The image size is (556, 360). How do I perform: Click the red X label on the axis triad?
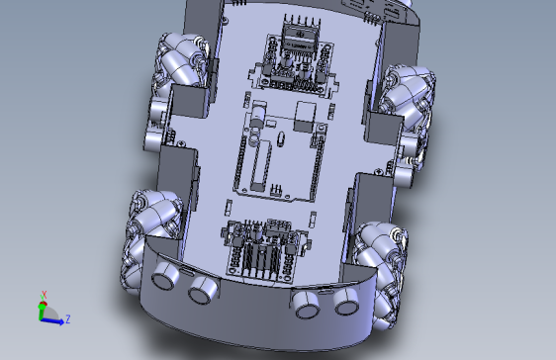tap(44, 294)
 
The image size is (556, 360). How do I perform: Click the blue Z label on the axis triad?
tap(67, 318)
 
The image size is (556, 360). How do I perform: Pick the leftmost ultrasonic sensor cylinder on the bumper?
tap(165, 277)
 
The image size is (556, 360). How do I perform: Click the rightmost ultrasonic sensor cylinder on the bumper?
tap(345, 302)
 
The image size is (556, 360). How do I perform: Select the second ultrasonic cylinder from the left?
tap(204, 290)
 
